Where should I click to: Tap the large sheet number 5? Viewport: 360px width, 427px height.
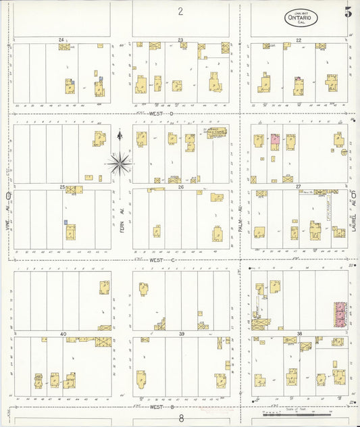point(348,12)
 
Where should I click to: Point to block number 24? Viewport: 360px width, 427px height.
point(61,41)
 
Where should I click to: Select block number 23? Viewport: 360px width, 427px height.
point(181,41)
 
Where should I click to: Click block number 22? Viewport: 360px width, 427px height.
point(298,41)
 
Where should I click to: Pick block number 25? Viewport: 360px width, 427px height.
point(62,186)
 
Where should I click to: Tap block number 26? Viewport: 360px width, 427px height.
point(181,186)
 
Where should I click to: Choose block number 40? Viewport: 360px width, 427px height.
point(63,334)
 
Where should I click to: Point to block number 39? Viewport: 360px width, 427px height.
point(181,334)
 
